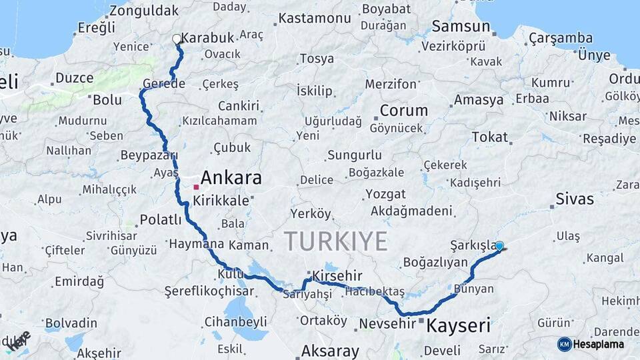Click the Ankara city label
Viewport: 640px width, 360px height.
tap(231, 178)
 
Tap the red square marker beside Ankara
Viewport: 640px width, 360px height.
tap(196, 187)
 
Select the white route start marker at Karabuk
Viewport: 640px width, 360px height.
tap(177, 39)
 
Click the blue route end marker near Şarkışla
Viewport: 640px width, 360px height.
tap(499, 245)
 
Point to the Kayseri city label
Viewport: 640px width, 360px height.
tap(458, 326)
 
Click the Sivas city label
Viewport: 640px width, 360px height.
tap(574, 199)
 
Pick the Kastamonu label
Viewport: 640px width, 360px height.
tap(314, 18)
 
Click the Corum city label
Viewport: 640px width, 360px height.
tap(403, 111)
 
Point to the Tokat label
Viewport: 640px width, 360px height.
tap(489, 137)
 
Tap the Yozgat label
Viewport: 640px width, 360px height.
tap(385, 194)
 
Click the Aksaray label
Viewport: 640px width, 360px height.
tap(330, 350)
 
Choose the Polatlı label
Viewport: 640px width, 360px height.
tap(161, 220)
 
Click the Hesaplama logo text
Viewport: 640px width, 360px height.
tap(600, 344)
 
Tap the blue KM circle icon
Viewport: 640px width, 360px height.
tap(565, 344)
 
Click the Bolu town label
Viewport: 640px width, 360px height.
tap(107, 100)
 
